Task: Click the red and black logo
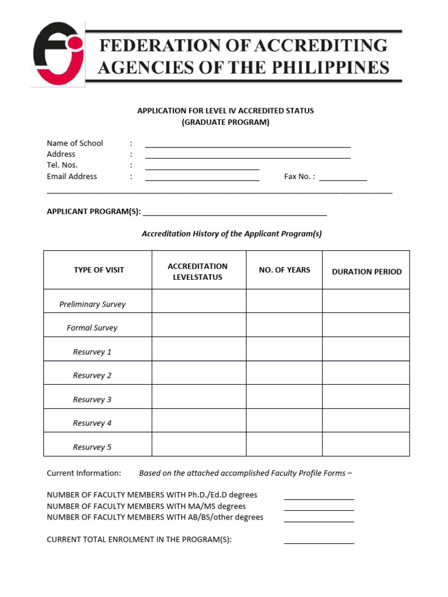58,54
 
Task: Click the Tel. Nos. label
62,165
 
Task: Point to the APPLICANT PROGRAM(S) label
93,212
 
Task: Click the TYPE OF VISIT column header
99,270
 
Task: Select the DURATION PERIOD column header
366,272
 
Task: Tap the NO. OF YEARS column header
284,270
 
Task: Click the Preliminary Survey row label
92,304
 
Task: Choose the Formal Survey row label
92,328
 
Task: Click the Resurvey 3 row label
92,399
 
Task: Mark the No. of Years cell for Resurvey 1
284,349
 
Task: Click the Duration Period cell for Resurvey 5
366,444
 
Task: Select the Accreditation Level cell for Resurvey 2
199,373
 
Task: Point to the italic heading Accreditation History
232,234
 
